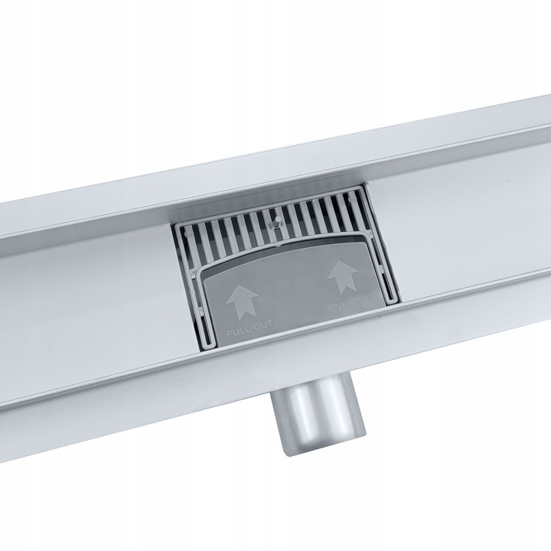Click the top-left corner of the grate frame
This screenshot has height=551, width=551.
coord(177,227)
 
